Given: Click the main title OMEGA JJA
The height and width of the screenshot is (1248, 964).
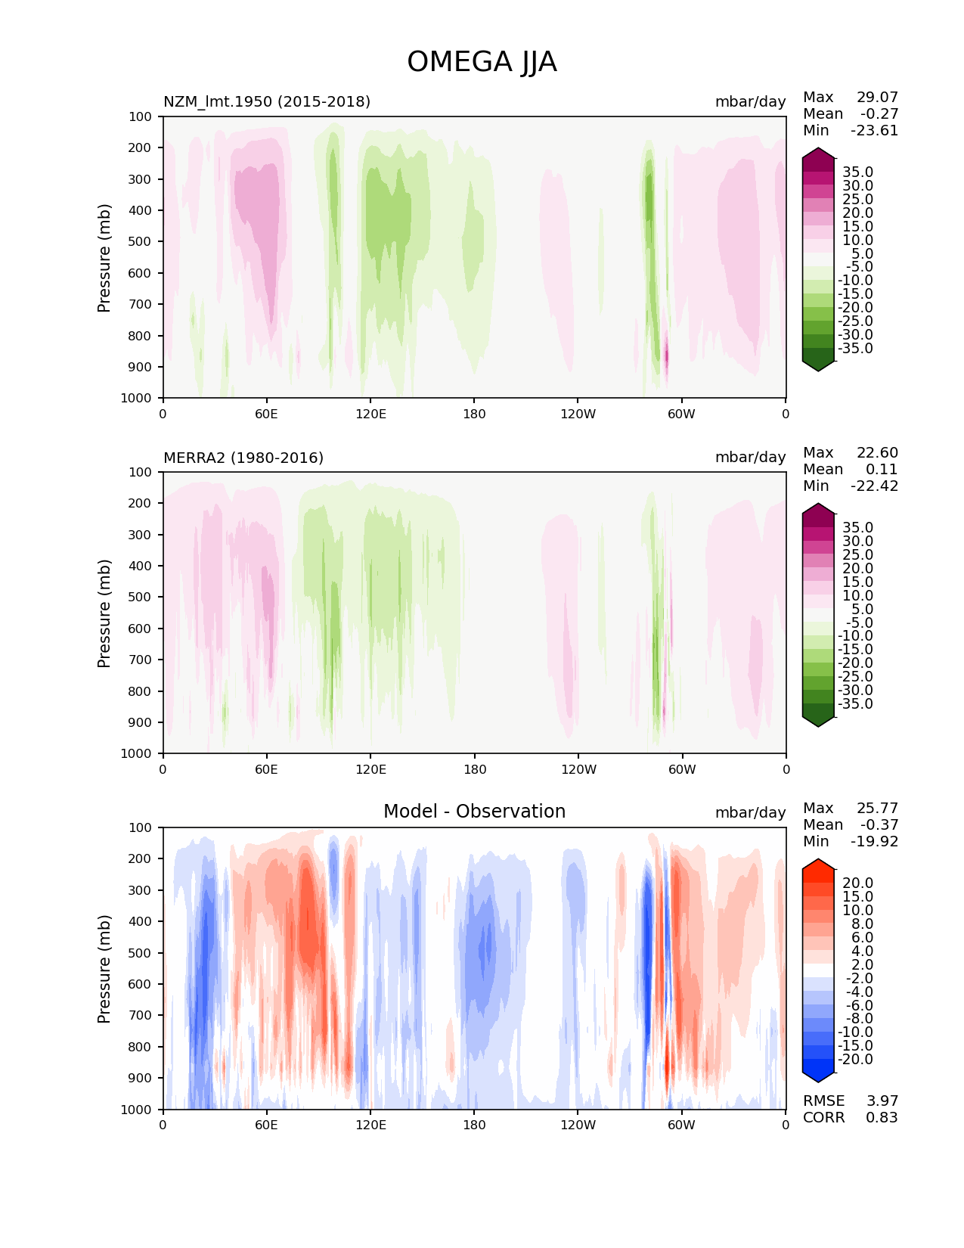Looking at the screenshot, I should [x=482, y=62].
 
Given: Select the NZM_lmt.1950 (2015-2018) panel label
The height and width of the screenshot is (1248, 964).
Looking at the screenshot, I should [x=267, y=101].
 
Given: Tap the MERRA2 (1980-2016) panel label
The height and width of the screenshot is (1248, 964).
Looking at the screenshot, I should [x=243, y=458].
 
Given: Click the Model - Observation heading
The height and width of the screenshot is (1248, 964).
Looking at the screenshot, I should [x=474, y=812].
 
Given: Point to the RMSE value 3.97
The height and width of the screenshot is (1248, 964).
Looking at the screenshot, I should [x=882, y=1101].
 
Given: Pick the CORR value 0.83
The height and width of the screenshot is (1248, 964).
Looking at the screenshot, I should [x=882, y=1117].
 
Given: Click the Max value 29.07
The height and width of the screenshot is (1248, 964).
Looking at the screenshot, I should [x=877, y=97].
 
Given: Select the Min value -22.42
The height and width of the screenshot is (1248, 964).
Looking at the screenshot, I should [x=875, y=486].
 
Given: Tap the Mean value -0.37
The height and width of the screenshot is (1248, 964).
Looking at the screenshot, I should [x=879, y=824].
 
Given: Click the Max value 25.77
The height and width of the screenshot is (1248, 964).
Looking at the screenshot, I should [x=877, y=808].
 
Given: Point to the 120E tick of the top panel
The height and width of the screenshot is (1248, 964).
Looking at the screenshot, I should [x=370, y=414].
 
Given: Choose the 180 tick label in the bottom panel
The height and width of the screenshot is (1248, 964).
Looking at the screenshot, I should [x=474, y=1125].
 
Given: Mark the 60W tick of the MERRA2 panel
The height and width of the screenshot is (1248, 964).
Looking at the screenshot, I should [x=682, y=769].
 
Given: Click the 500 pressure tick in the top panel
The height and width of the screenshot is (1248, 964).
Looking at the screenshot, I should [x=141, y=241].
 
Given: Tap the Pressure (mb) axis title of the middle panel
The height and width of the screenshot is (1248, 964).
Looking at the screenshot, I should [x=104, y=613].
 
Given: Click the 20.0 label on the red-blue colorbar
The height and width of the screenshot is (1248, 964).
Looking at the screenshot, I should [x=858, y=883].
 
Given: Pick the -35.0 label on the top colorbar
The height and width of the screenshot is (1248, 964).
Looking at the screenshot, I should [x=855, y=348].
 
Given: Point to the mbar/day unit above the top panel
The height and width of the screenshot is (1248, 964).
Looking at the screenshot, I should [x=750, y=101].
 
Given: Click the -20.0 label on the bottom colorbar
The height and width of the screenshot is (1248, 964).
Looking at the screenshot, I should [x=855, y=1059].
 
